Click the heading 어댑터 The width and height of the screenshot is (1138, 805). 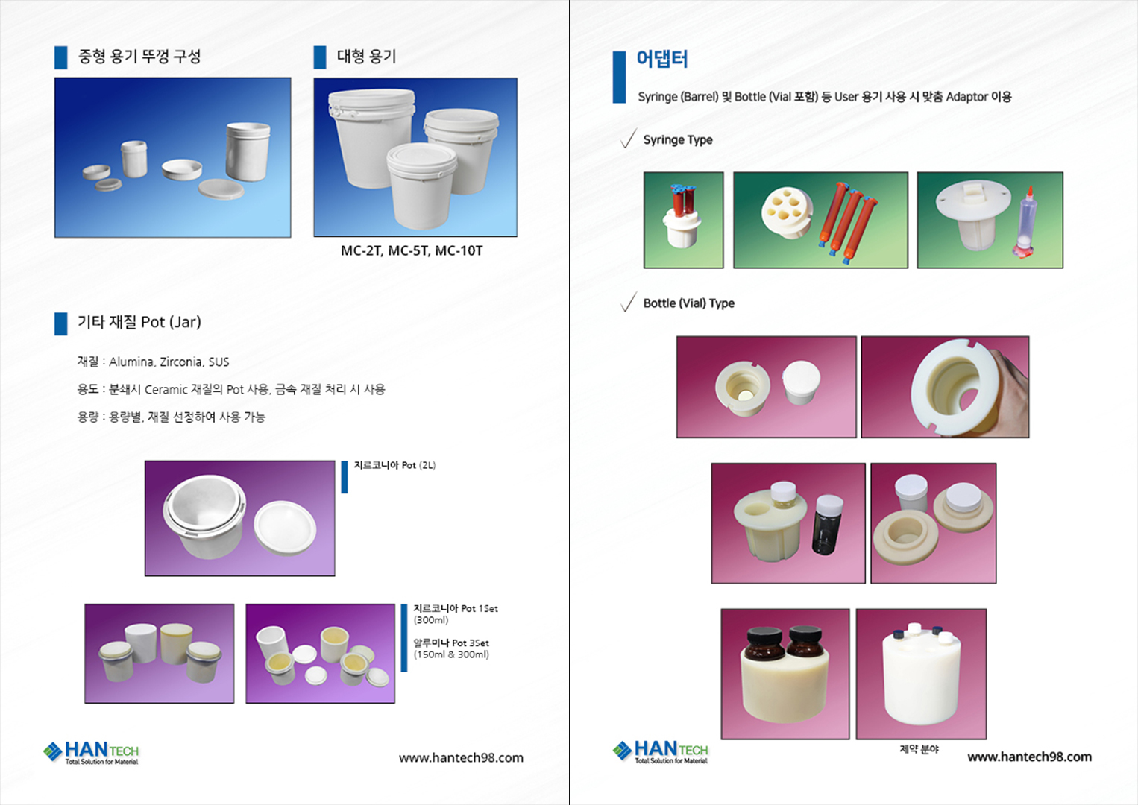[662, 59]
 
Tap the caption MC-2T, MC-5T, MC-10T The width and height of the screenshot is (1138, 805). [412, 251]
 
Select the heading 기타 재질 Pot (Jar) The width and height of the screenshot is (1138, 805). [139, 322]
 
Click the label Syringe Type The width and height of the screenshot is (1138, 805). [678, 139]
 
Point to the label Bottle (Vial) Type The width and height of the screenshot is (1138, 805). [689, 303]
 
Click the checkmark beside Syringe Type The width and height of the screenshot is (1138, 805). [629, 138]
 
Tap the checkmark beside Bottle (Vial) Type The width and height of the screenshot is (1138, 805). [629, 301]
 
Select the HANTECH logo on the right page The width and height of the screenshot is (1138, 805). [661, 751]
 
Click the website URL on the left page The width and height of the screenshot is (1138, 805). [461, 758]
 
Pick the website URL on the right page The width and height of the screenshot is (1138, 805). [1029, 757]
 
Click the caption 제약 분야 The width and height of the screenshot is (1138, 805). [919, 748]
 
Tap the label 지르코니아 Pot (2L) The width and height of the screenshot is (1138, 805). [394, 465]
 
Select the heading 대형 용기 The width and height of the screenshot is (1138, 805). [367, 56]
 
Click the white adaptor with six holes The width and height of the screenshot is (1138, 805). [787, 212]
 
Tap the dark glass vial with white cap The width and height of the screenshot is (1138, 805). [828, 525]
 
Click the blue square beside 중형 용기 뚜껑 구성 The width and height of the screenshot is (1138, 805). [61, 57]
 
